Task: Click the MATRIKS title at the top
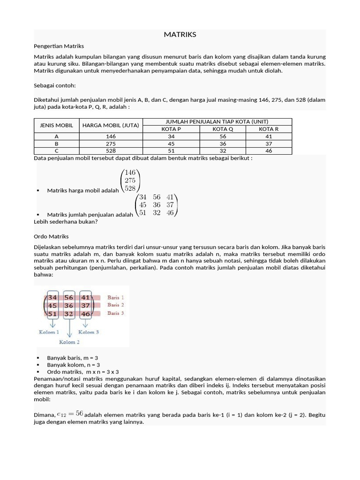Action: [180, 35]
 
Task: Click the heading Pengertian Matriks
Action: [59, 46]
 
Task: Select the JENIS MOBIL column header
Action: [54, 126]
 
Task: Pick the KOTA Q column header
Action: [223, 129]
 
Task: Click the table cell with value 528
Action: [111, 151]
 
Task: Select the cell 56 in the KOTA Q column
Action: [223, 136]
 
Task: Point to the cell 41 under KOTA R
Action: [269, 136]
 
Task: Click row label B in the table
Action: [56, 144]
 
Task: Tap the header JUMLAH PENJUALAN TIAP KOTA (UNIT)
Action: [217, 121]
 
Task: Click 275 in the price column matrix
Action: [130, 180]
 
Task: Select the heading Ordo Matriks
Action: [51, 236]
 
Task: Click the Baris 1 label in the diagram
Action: [115, 298]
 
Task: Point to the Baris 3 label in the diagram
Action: [115, 313]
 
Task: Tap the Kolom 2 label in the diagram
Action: [70, 342]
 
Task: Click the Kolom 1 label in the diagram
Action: [49, 332]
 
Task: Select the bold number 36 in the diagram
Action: [69, 306]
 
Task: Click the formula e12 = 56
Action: [70, 413]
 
